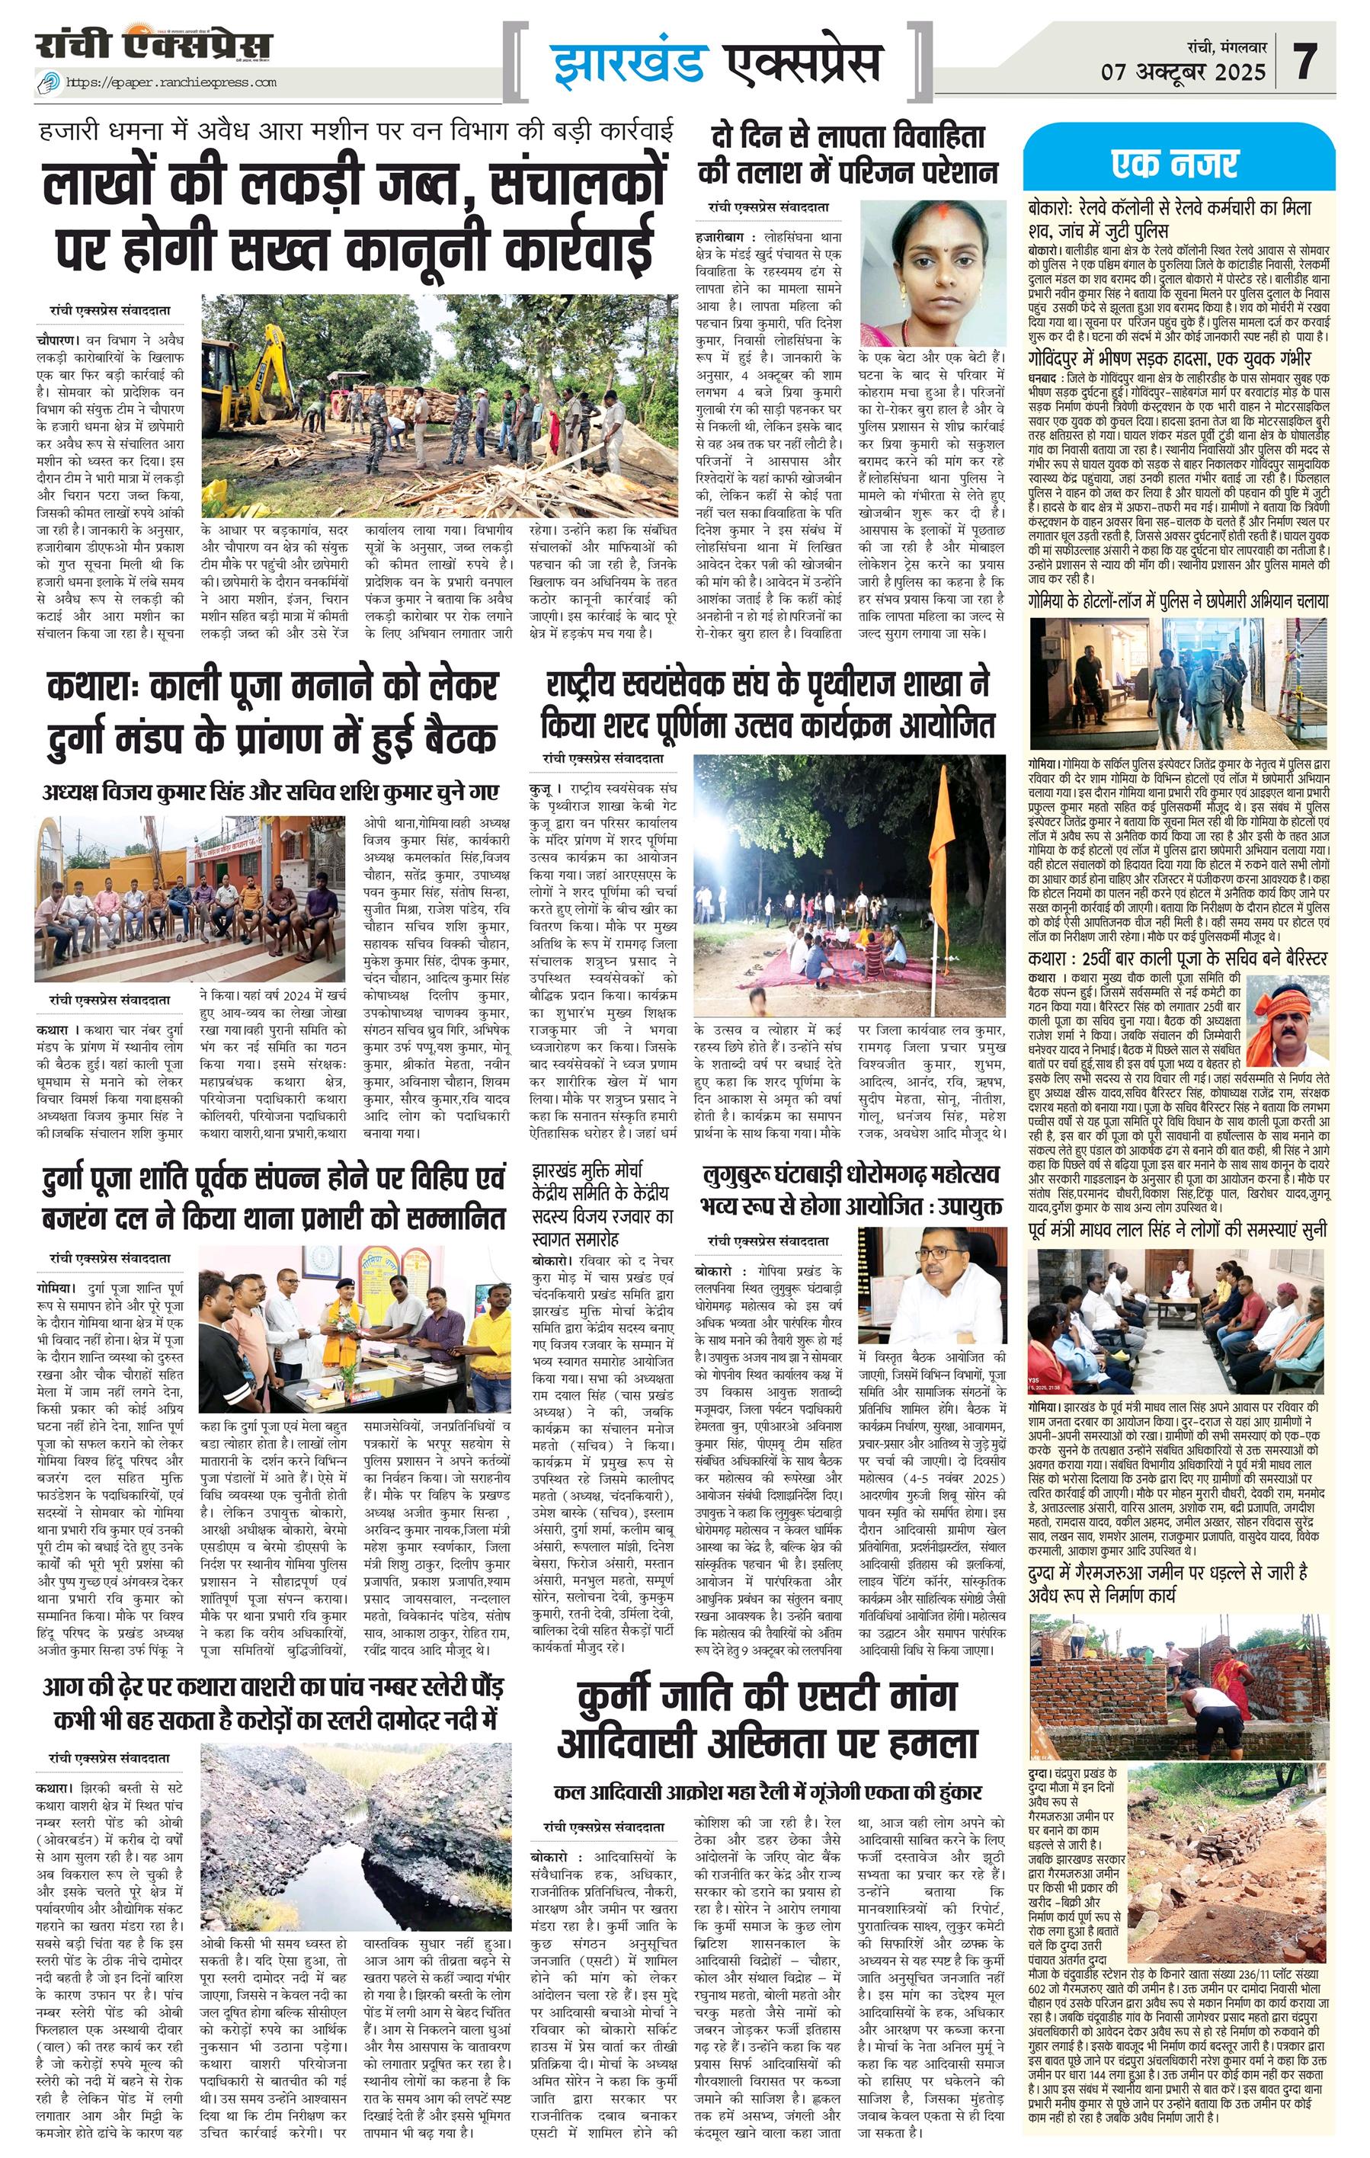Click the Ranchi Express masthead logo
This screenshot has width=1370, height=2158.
click(x=153, y=46)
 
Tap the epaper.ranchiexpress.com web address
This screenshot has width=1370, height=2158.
click(x=170, y=83)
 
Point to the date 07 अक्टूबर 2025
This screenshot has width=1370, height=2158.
click(x=1183, y=72)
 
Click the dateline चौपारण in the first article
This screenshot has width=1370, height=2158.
click(x=59, y=341)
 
